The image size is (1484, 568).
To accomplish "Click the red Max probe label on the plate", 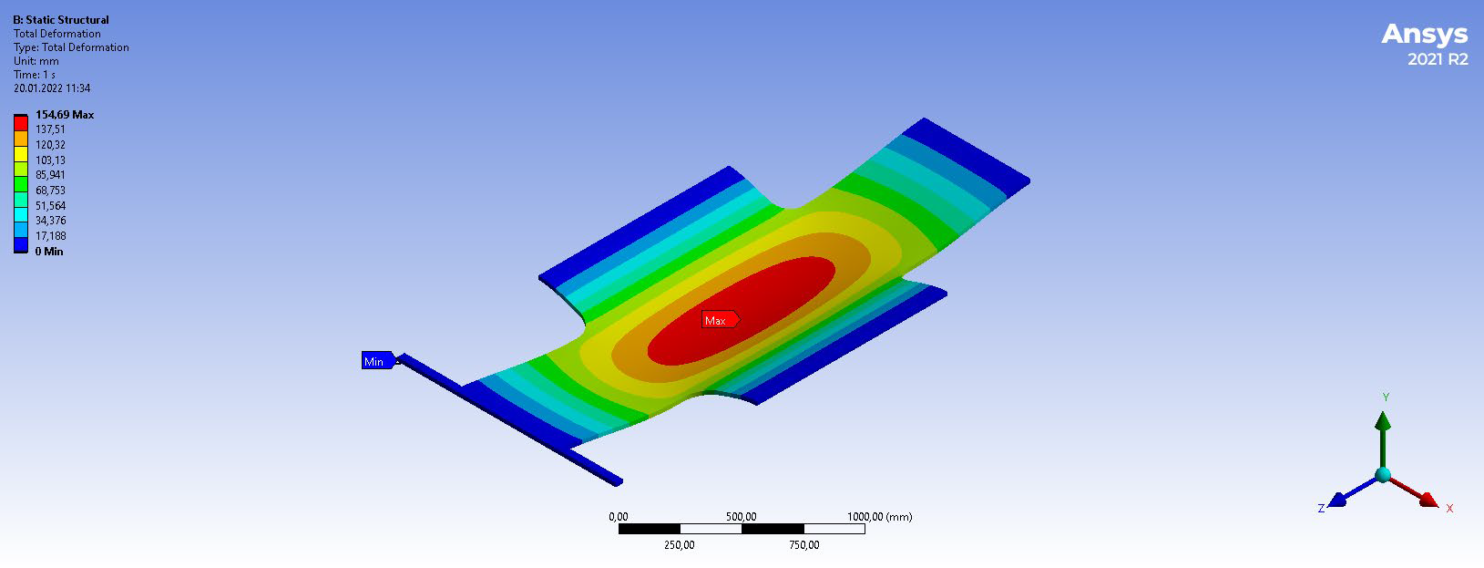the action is click(721, 320).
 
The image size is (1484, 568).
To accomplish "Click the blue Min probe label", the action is click(379, 360).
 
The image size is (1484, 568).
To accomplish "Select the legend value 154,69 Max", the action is click(65, 115).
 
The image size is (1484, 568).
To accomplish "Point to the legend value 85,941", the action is click(50, 175).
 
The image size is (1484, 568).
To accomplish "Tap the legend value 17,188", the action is click(50, 236).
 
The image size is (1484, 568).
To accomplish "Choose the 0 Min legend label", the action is click(49, 252).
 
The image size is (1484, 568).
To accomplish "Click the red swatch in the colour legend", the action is click(21, 123).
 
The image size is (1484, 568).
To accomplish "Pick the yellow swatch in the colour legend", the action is click(21, 154).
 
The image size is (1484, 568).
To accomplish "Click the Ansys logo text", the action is click(1425, 34).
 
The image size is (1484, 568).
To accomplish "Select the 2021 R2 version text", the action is click(1438, 59).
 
